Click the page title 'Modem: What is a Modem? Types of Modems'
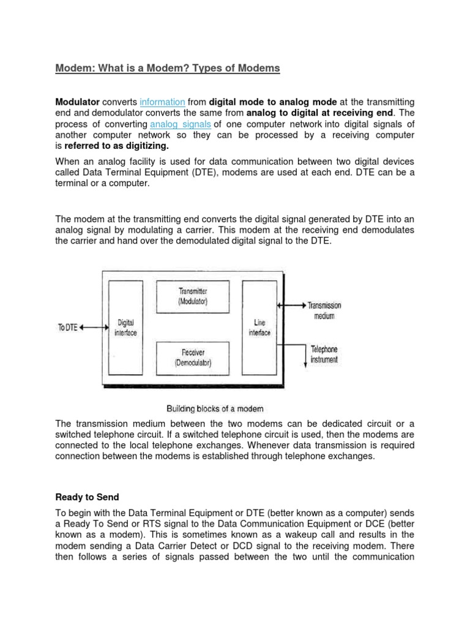(167, 69)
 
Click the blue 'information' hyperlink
(162, 102)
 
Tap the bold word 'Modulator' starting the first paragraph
(77, 102)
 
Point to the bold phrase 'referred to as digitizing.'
(116, 147)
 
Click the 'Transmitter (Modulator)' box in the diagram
(193, 297)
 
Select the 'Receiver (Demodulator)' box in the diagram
(193, 358)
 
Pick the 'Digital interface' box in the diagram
(125, 328)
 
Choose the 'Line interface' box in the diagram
(259, 328)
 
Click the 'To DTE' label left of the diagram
(67, 328)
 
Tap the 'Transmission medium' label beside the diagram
(324, 310)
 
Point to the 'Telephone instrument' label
(324, 355)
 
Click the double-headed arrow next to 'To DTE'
(93, 328)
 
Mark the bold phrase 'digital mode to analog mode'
(272, 102)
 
